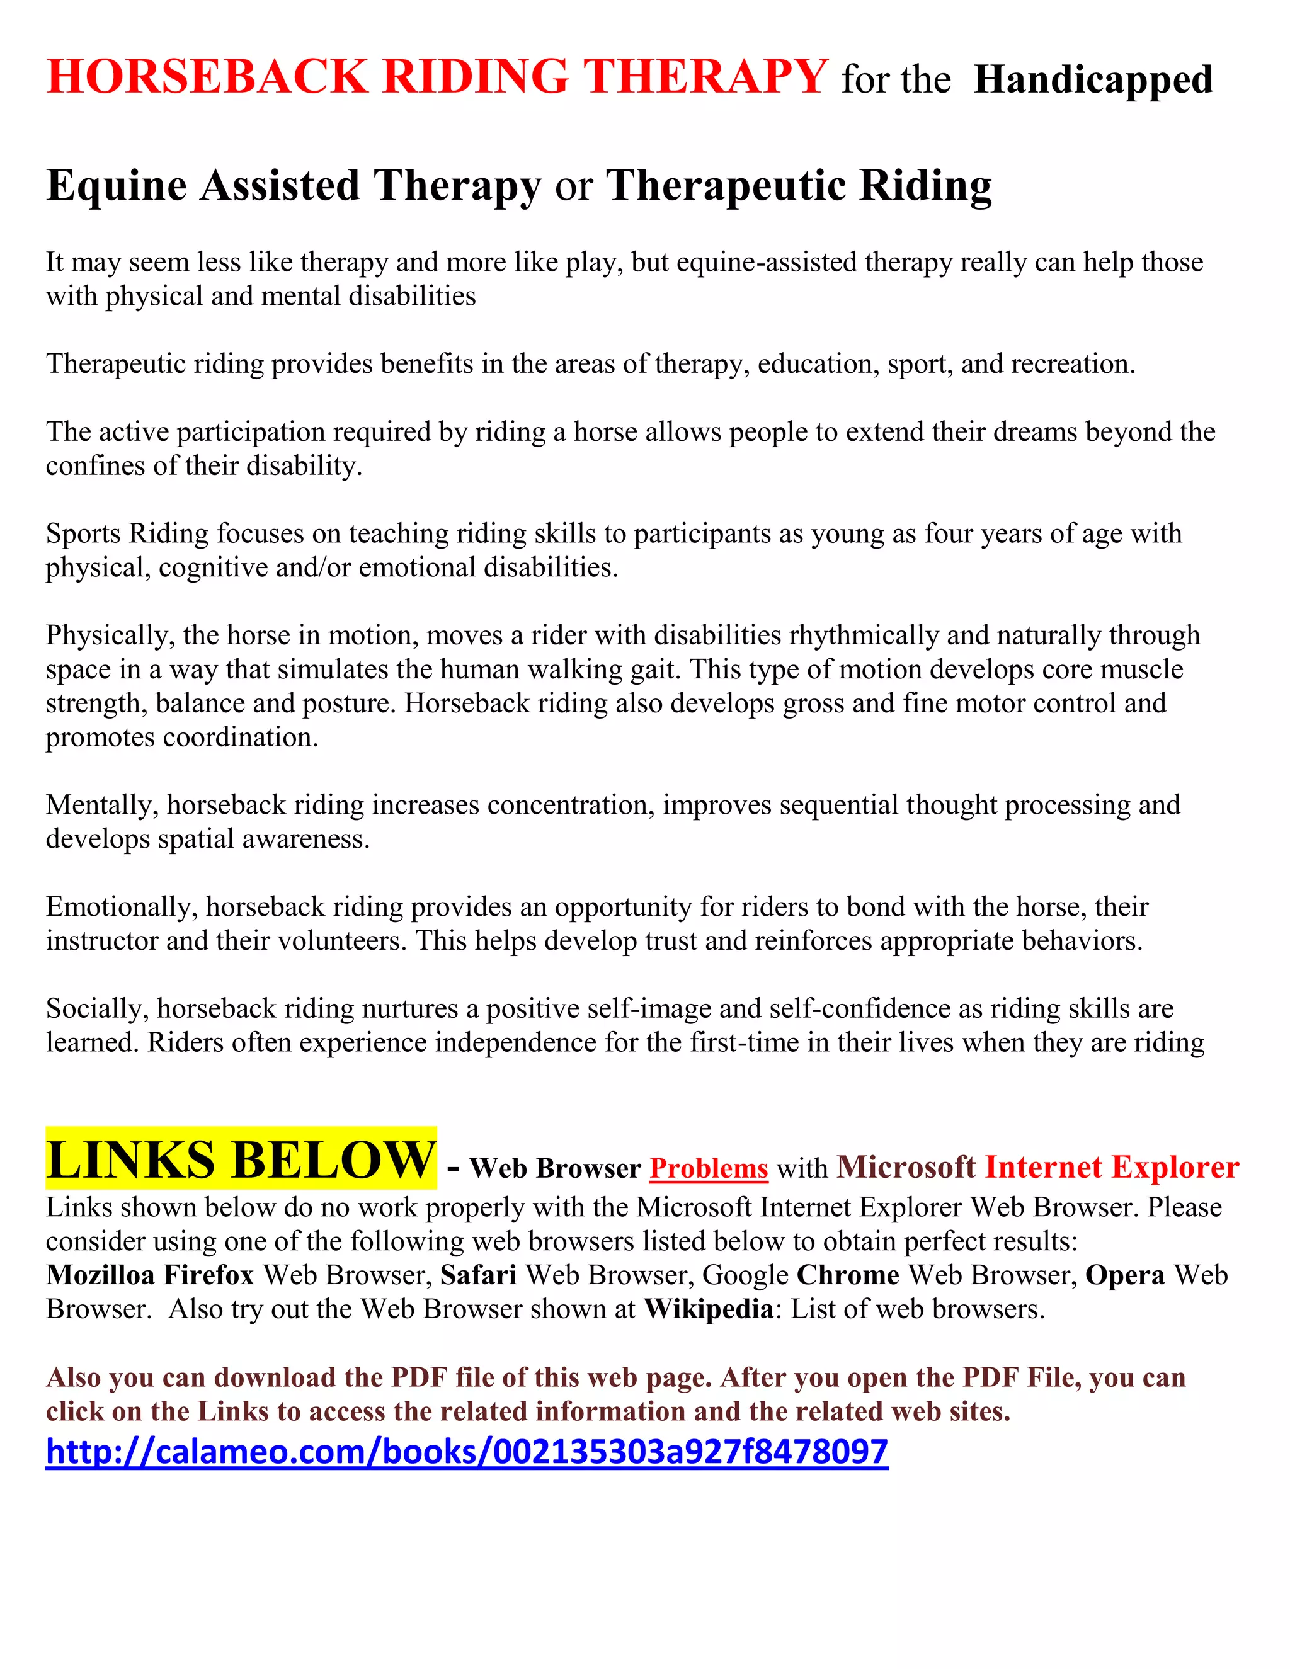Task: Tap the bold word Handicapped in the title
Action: [1093, 80]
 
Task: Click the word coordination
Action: [237, 738]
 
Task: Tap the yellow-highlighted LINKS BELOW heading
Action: [241, 1160]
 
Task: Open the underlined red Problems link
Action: [709, 1168]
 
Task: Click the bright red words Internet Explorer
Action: [1111, 1167]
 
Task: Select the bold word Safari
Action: [479, 1275]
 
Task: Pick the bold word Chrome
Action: [848, 1275]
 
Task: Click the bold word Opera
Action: [1125, 1275]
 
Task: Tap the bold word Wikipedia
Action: [709, 1309]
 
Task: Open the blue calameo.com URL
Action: [466, 1451]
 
